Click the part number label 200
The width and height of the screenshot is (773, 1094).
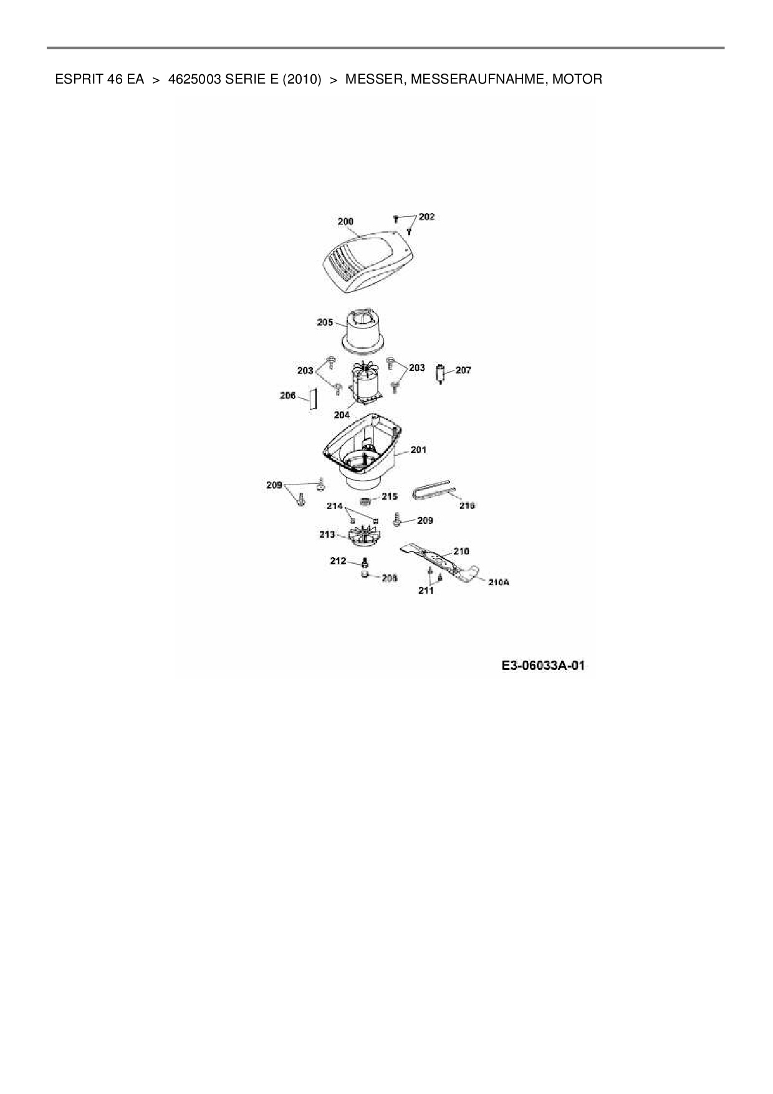(x=345, y=221)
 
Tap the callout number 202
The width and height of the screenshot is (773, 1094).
(x=427, y=217)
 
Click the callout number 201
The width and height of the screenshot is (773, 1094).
(x=418, y=450)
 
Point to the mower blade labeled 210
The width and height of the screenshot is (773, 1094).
(x=436, y=559)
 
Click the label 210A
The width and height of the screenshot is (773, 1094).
(x=499, y=582)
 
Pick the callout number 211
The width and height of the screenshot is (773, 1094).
(x=425, y=590)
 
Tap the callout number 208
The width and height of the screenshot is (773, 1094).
(x=389, y=578)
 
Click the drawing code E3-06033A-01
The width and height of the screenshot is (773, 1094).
(x=543, y=666)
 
